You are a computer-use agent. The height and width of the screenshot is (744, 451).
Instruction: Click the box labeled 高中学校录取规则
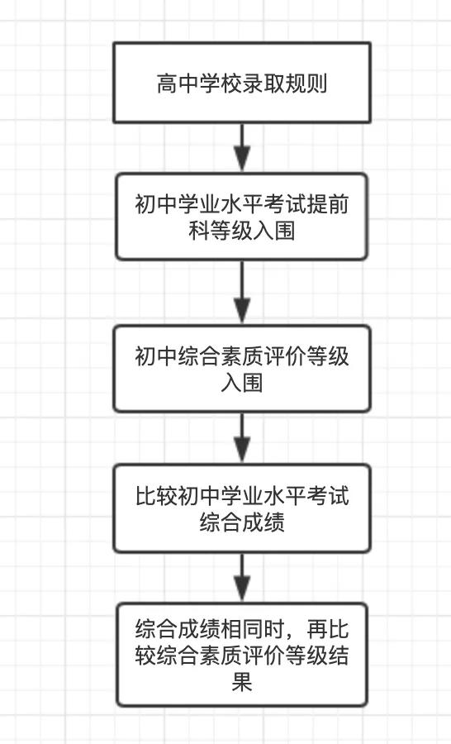[241, 83]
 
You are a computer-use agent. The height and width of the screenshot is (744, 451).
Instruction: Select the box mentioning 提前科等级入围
[241, 217]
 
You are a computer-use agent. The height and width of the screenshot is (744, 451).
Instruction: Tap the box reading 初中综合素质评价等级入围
[241, 369]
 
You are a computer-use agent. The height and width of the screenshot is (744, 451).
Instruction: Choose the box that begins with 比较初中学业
[241, 508]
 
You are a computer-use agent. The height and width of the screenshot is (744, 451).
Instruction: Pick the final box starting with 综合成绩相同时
[241, 655]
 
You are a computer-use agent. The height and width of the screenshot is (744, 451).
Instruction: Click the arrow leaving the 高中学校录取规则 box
[242, 148]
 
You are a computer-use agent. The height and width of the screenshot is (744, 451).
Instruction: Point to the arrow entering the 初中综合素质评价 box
[242, 293]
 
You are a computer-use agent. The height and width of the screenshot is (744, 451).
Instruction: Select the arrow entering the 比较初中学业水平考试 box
[242, 438]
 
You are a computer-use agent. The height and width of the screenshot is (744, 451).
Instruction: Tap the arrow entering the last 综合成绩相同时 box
[242, 578]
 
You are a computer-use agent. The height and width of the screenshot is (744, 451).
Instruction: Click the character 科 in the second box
[199, 231]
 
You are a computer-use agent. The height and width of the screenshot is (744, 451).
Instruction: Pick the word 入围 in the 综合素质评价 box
[242, 383]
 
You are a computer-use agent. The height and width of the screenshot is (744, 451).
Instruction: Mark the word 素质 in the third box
[242, 356]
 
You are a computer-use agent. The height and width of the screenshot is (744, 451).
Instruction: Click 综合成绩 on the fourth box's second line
[242, 522]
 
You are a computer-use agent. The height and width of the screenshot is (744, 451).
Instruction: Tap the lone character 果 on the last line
[242, 682]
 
